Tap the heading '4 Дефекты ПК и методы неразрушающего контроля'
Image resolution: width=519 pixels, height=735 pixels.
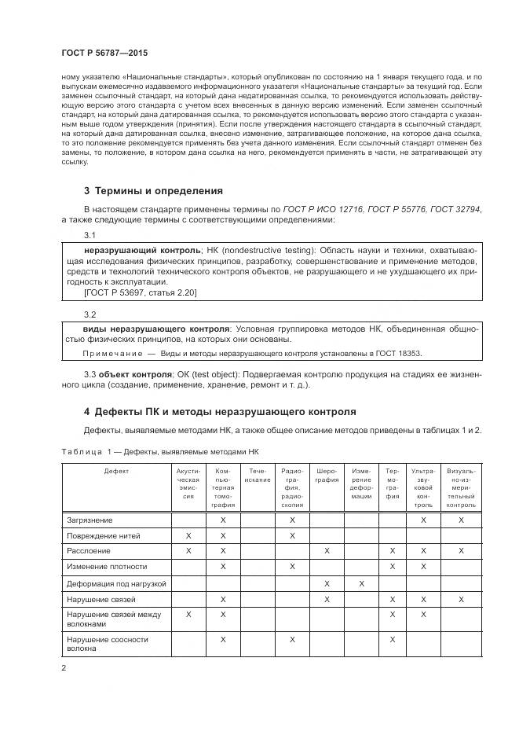[x=219, y=411]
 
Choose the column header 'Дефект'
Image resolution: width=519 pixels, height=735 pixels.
[x=116, y=470]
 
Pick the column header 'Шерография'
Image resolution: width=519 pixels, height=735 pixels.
[x=327, y=475]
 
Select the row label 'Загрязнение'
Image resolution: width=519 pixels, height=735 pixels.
[x=90, y=520]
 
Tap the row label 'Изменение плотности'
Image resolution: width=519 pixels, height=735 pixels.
[x=105, y=566]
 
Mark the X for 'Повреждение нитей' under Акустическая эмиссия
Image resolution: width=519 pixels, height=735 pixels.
[x=188, y=535]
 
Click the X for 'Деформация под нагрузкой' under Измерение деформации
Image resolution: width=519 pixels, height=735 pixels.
[x=361, y=582]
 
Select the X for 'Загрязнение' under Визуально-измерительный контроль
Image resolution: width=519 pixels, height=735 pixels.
[x=461, y=520]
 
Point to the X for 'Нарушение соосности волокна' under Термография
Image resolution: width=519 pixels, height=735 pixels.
[x=392, y=640]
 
